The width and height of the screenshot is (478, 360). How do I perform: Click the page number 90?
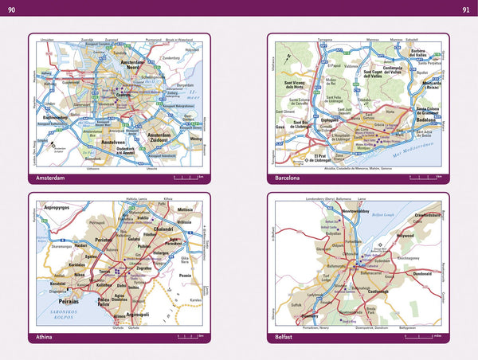11,9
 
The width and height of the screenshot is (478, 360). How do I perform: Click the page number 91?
466,9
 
